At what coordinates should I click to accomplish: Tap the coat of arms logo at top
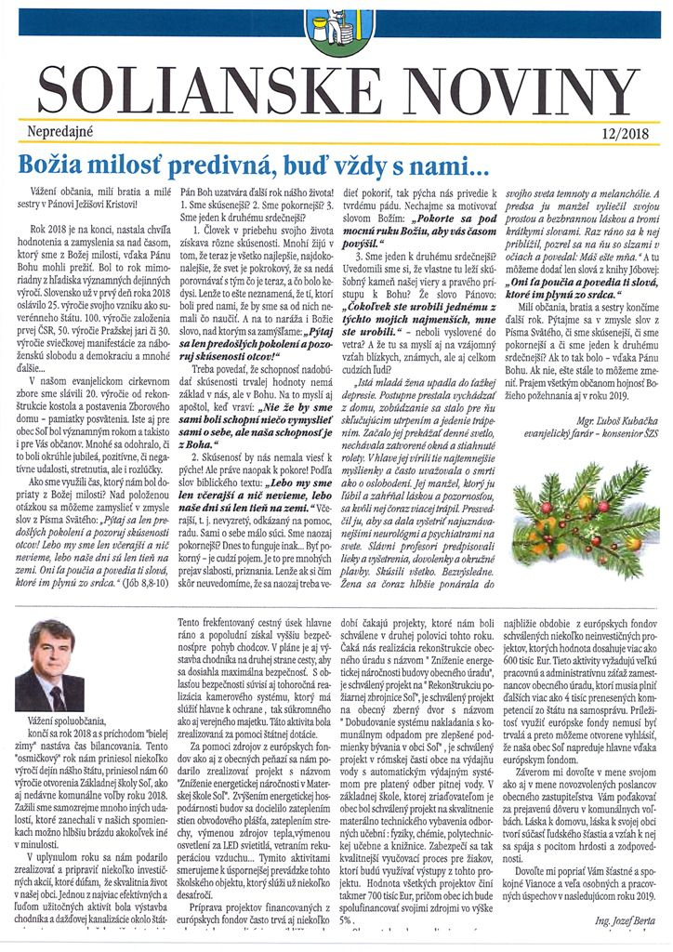click(x=336, y=26)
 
